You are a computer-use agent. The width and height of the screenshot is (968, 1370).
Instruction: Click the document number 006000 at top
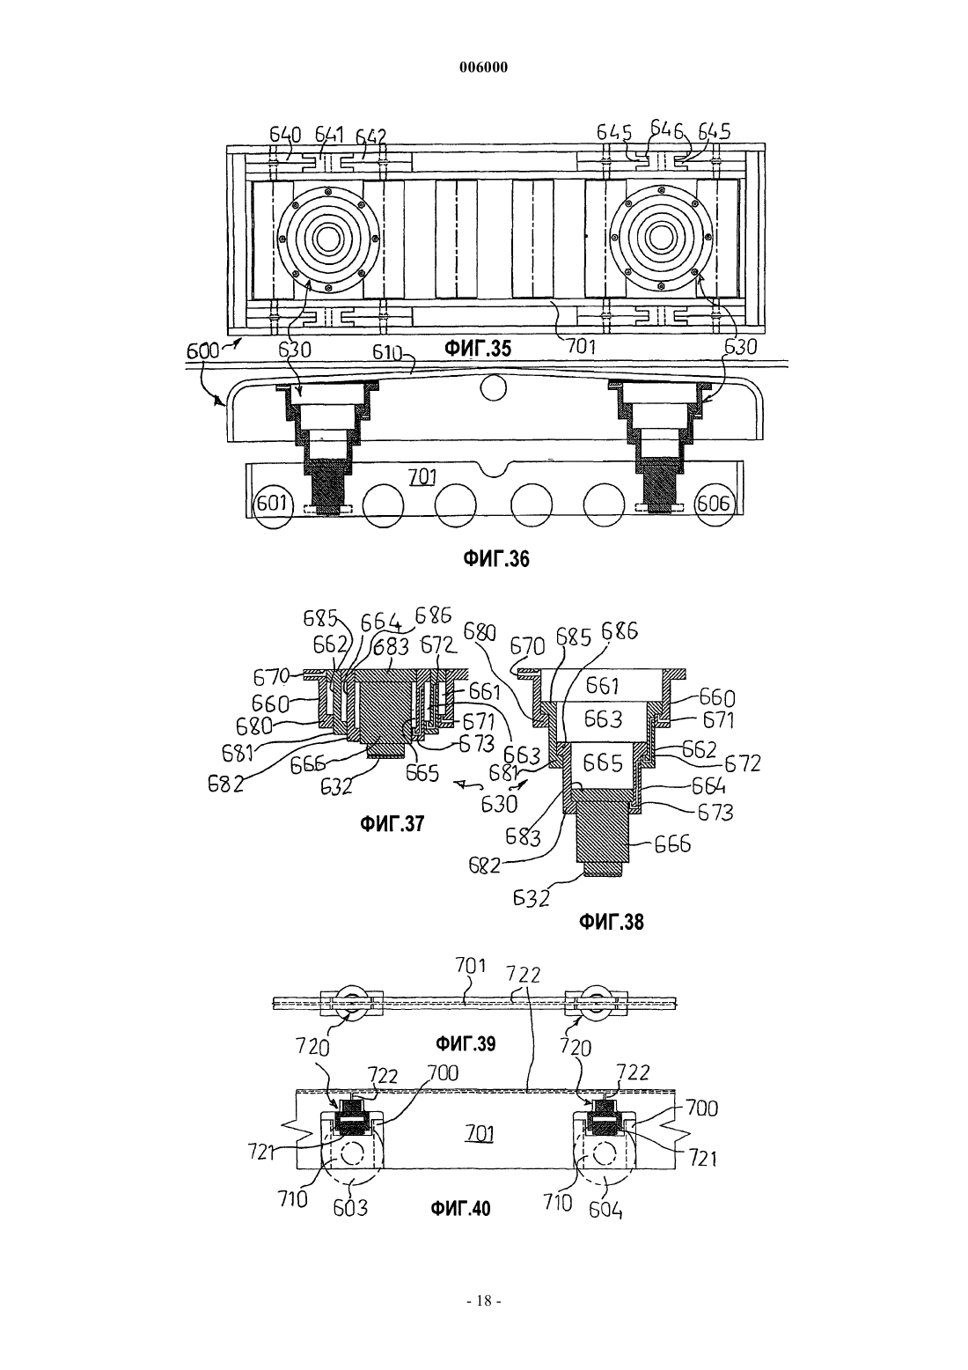pos(483,68)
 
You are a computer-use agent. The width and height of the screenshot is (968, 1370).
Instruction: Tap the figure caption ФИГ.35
pos(477,350)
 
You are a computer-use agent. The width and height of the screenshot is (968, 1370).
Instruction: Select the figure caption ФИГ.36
pos(495,559)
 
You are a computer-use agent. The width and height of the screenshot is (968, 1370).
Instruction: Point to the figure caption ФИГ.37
pos(392,824)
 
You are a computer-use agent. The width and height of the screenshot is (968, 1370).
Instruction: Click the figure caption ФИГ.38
pos(611,922)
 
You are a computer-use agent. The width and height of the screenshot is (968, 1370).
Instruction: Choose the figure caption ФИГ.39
pos(465,1043)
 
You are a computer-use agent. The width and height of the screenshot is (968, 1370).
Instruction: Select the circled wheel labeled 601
pos(272,504)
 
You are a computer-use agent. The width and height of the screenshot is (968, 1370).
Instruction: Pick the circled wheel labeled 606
pos(713,504)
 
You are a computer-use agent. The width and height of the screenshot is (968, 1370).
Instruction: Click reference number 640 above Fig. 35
pos(286,135)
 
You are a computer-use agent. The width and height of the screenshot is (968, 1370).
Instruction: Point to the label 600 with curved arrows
pos(202,351)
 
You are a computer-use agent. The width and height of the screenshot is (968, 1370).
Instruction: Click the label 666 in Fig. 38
pos(672,845)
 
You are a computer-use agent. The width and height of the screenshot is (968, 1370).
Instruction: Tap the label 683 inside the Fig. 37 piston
pos(392,647)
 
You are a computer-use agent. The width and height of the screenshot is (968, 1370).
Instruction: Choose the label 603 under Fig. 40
pos(351,1209)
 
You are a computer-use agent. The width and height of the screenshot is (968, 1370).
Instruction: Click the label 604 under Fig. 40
pos(605,1210)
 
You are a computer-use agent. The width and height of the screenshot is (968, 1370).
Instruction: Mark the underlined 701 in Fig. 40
pos(480,1135)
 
